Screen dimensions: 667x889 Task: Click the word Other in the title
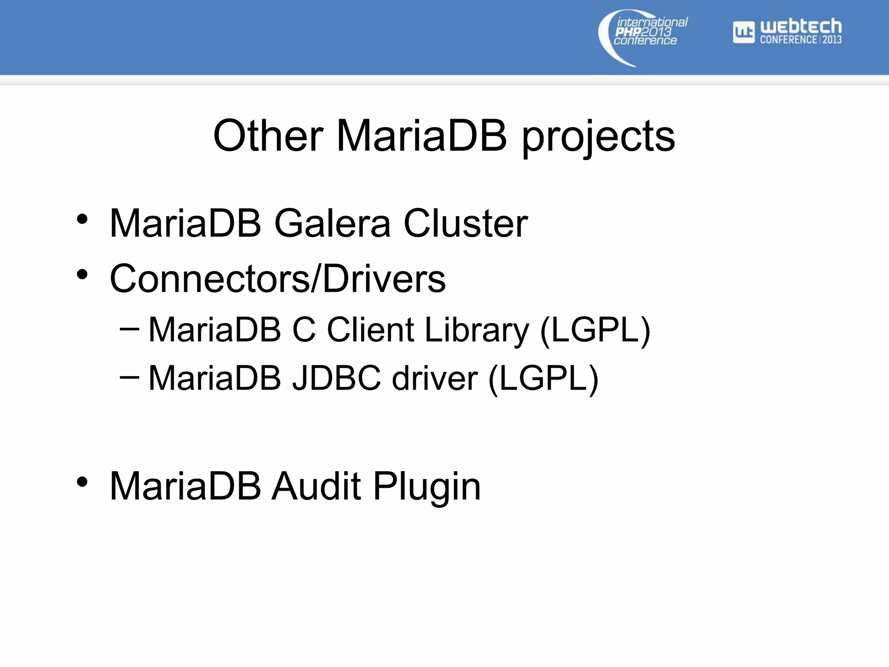(x=268, y=136)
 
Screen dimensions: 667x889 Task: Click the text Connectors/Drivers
(x=278, y=278)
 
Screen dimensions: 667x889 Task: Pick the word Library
(x=477, y=331)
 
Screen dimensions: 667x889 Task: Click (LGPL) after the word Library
(x=595, y=330)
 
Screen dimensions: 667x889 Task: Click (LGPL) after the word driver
(x=543, y=379)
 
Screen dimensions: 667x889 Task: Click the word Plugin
(x=427, y=487)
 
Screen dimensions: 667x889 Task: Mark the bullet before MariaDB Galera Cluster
(x=82, y=220)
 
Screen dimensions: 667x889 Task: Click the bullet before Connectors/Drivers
(x=82, y=275)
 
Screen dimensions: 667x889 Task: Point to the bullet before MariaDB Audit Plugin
(x=82, y=482)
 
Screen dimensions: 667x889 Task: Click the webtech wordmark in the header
(x=800, y=27)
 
